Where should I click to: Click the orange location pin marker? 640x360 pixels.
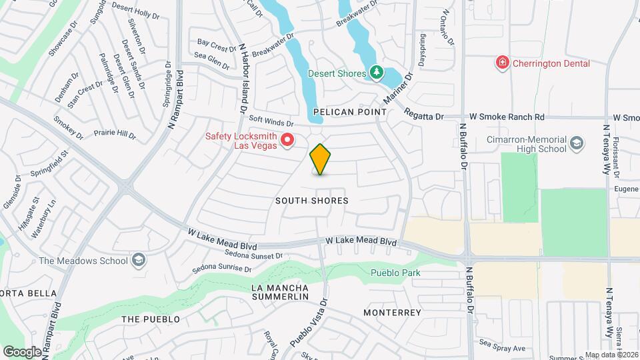tap(321, 159)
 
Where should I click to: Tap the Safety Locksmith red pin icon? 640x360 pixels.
tap(288, 139)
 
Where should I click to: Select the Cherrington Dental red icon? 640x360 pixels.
tap(501, 63)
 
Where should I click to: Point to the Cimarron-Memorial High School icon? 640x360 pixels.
tap(576, 142)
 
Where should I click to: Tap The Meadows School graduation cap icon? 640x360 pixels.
tap(139, 260)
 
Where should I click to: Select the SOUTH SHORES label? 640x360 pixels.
tap(312, 200)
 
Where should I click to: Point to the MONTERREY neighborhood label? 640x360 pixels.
tap(393, 312)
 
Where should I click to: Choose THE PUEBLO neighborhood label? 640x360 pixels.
tap(151, 319)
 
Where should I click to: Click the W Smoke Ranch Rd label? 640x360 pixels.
tap(507, 117)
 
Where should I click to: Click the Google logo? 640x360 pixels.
tap(22, 351)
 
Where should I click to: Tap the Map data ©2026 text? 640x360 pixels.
tap(611, 354)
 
